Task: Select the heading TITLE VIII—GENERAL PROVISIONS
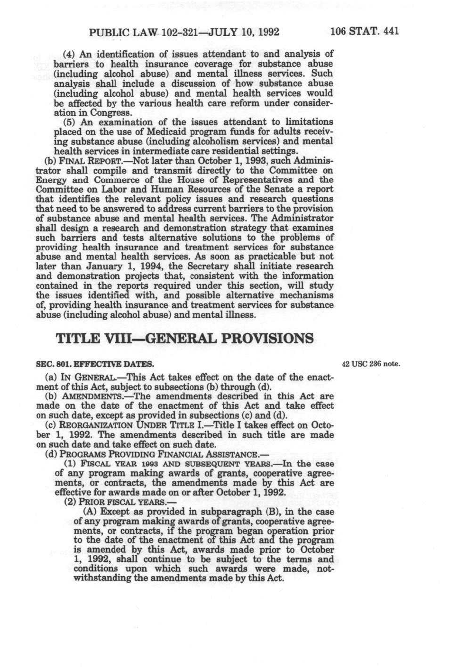[x=184, y=338]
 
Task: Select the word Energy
[x=50, y=180]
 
